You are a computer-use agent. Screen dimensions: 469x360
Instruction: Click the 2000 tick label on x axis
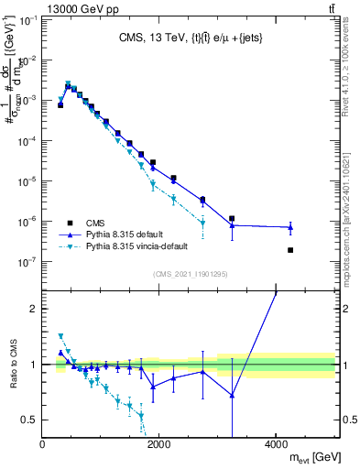[159, 444]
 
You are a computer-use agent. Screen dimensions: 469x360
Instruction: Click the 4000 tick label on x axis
[277, 444]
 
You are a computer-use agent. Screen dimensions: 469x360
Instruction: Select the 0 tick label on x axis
[43, 444]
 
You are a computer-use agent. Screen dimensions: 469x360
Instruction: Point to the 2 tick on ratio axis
[34, 309]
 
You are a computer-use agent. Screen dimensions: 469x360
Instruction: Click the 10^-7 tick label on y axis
[27, 261]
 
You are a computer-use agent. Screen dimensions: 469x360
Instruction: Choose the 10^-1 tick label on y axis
[27, 20]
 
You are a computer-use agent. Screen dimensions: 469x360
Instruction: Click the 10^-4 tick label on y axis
[27, 141]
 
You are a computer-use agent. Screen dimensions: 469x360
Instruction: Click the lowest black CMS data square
[290, 250]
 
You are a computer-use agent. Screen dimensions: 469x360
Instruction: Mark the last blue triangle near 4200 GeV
[290, 227]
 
